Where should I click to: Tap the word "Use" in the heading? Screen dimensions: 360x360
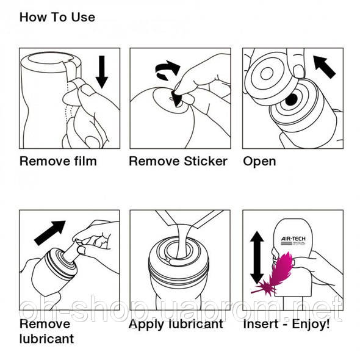(83, 17)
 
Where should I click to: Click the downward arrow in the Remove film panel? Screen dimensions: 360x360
(102, 71)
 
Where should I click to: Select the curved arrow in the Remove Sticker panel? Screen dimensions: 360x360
(168, 70)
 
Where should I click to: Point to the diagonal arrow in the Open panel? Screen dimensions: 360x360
(325, 67)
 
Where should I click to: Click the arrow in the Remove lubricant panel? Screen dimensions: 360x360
(50, 233)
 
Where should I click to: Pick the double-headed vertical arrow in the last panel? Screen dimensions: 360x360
(257, 257)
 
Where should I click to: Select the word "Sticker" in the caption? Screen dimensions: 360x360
(206, 161)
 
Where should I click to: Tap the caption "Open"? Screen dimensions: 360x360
(259, 162)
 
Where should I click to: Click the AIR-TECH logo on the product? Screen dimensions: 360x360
(293, 240)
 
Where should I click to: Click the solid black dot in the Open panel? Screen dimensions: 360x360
(291, 99)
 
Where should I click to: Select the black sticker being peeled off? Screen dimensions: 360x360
(176, 98)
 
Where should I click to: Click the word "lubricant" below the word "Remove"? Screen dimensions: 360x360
(46, 339)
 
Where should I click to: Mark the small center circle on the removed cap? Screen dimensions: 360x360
(267, 74)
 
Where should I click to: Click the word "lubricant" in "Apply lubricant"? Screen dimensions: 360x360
(196, 324)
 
